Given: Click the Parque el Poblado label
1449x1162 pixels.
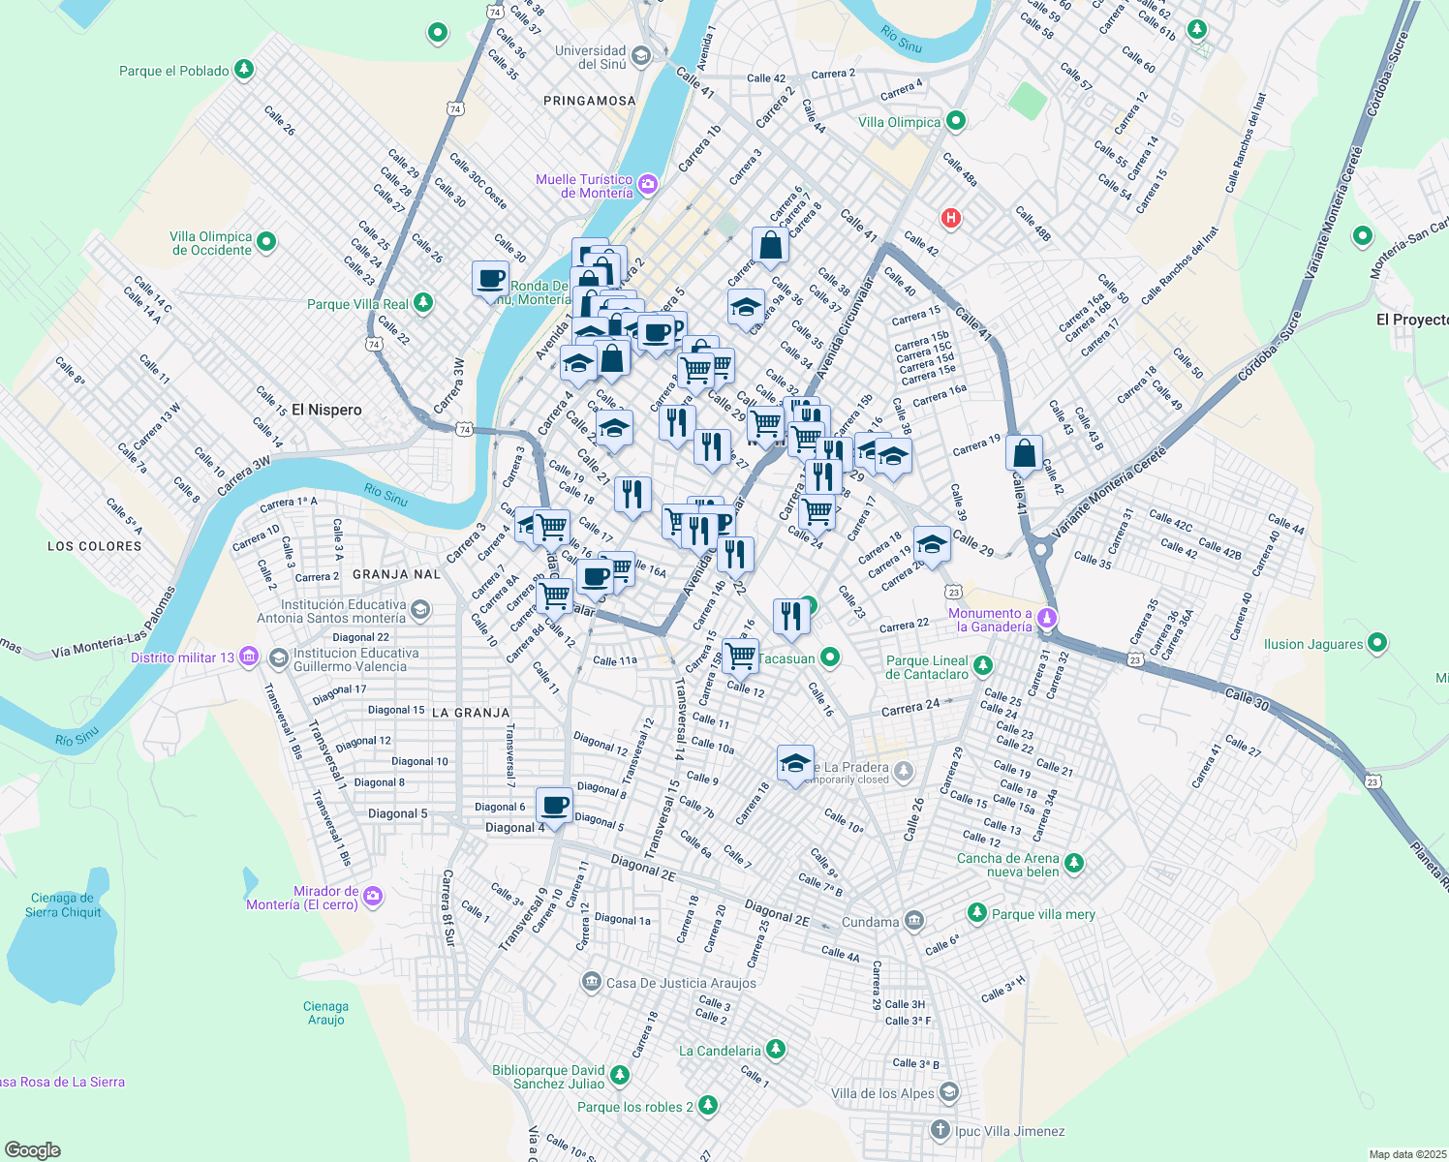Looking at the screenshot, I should click(x=174, y=71).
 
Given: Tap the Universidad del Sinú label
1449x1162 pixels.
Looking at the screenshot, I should click(x=590, y=57).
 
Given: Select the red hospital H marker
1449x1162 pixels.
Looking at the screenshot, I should click(x=951, y=218).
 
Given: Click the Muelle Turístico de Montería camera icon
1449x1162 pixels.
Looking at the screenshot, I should click(x=648, y=184).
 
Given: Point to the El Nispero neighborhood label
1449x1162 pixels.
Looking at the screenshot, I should click(x=326, y=410).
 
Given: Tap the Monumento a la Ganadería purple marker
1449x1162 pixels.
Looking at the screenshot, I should click(x=1046, y=618).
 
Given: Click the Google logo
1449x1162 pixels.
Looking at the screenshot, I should click(x=32, y=1150).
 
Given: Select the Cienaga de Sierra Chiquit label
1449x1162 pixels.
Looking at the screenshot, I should click(x=62, y=905).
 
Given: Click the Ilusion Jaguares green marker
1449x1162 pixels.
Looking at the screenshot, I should click(x=1377, y=643).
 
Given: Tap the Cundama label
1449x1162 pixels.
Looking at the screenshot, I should click(x=870, y=922).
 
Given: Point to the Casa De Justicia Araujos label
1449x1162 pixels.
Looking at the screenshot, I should click(x=681, y=983).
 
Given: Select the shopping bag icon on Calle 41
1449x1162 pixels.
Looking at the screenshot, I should click(x=1024, y=453).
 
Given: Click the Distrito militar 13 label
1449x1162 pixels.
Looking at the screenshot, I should click(x=183, y=657).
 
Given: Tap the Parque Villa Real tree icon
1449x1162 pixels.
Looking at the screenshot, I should click(x=423, y=303).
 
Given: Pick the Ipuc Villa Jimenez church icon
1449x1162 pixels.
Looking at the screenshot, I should click(x=940, y=1130).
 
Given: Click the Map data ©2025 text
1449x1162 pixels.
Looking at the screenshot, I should click(x=1407, y=1154).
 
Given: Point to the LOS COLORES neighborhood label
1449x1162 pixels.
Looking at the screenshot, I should click(x=95, y=546).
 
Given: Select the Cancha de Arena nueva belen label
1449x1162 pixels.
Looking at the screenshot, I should click(x=1008, y=865).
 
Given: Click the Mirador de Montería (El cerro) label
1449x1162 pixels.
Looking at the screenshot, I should click(x=302, y=898).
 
